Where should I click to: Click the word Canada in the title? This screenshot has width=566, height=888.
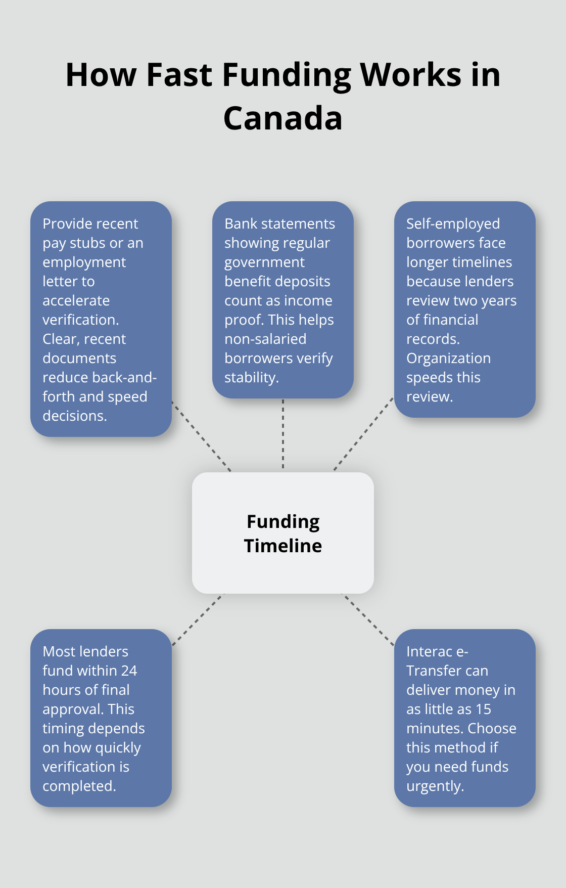(283, 118)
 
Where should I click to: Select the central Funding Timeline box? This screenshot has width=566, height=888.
(283, 533)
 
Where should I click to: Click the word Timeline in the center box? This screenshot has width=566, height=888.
(283, 546)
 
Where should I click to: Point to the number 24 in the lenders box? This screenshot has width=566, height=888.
(129, 671)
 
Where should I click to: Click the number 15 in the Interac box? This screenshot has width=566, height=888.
(484, 709)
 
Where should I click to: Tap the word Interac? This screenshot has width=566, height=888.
(429, 651)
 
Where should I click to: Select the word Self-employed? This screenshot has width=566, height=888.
(453, 224)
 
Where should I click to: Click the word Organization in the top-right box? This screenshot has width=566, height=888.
(448, 359)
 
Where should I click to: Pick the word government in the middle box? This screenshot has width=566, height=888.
(264, 262)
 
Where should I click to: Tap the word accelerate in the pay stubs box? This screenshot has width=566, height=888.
(76, 300)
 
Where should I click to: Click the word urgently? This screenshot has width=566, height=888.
(434, 786)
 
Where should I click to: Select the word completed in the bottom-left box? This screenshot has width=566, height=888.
(78, 786)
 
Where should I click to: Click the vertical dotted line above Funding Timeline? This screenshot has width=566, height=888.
(283, 435)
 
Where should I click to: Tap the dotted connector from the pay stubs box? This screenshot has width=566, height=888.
(201, 436)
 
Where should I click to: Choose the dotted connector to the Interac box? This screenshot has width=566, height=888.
(368, 620)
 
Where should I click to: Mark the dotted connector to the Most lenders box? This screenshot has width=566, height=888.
(198, 620)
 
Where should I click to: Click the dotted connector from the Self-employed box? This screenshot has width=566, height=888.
(363, 434)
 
